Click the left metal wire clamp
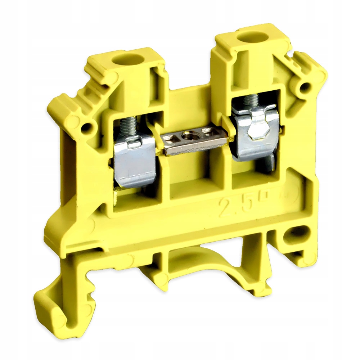[x=135, y=164]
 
